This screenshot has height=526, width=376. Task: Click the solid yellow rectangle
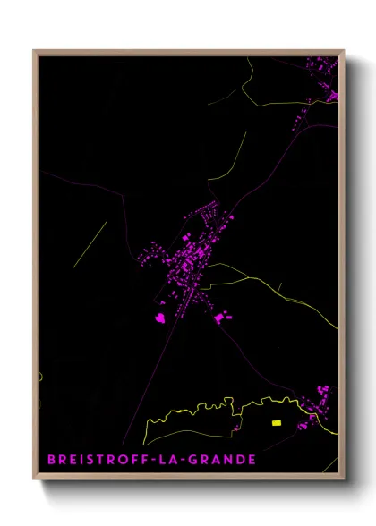277,423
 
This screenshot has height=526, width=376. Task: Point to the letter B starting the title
51,460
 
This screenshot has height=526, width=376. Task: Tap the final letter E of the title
253,460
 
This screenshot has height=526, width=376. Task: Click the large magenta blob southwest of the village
161,318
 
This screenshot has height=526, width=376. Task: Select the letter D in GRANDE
241,460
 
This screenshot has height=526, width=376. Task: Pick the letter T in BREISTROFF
98,460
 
